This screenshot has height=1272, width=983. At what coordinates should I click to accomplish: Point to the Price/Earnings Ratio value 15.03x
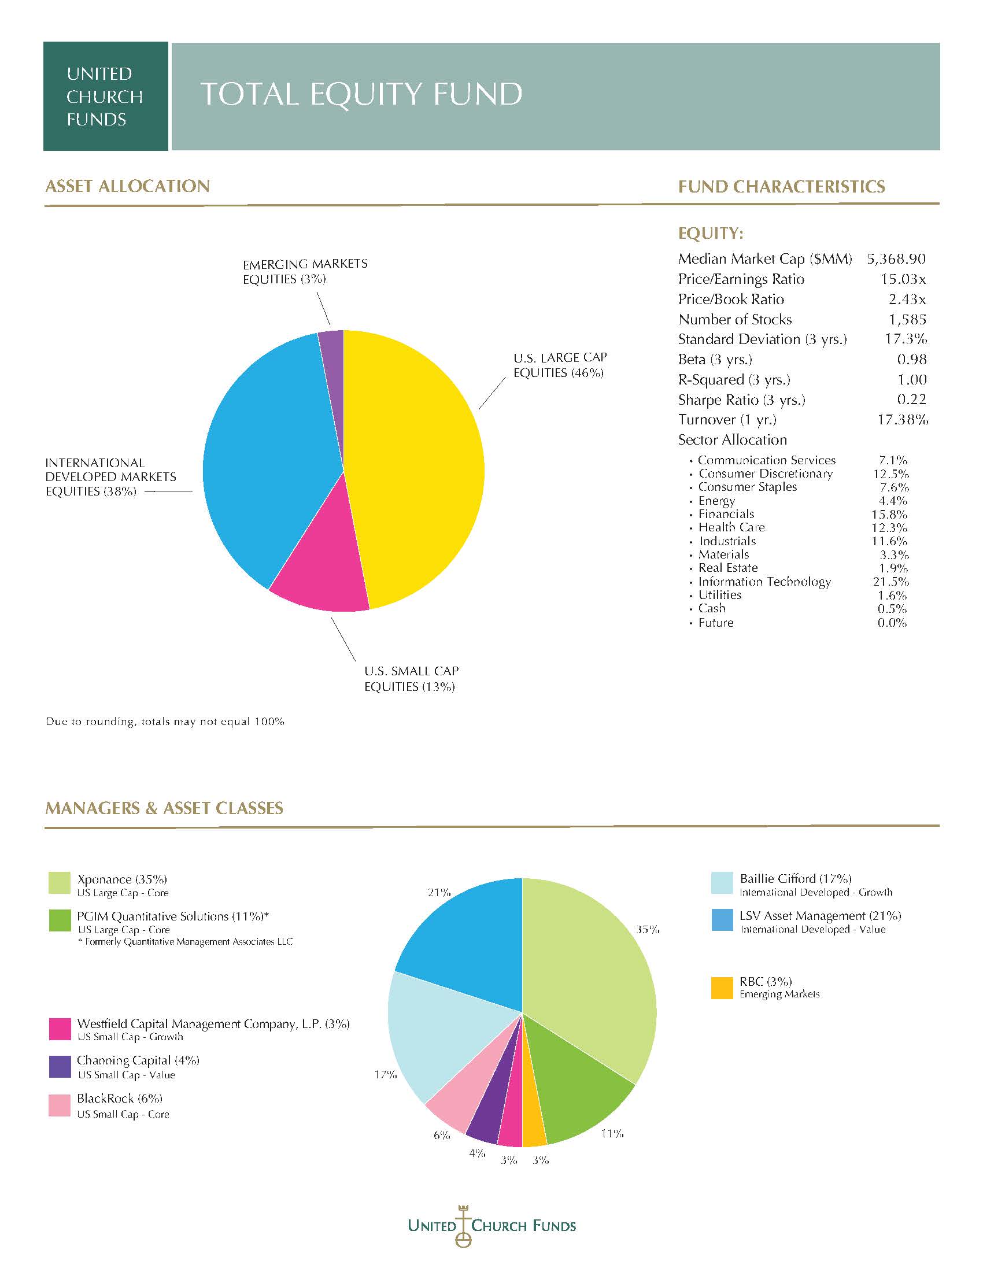pyautogui.click(x=903, y=279)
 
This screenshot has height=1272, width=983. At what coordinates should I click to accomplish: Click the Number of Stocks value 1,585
pyautogui.click(x=907, y=319)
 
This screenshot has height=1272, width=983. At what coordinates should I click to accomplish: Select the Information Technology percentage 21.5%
pyautogui.click(x=890, y=582)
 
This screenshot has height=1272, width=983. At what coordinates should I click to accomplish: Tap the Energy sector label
pyautogui.click(x=716, y=501)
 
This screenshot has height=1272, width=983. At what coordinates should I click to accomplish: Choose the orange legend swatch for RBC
pyautogui.click(x=722, y=988)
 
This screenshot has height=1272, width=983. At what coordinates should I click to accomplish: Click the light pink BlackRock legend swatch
pyautogui.click(x=60, y=1105)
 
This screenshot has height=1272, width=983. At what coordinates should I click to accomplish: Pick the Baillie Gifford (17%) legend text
pyautogui.click(x=796, y=878)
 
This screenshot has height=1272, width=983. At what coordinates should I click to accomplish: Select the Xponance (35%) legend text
pyautogui.click(x=121, y=879)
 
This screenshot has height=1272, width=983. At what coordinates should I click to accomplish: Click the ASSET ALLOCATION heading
pyautogui.click(x=128, y=186)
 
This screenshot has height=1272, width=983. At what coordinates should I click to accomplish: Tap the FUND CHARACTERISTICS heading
pyautogui.click(x=782, y=187)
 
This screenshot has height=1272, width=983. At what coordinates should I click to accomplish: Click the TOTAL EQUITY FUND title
pyautogui.click(x=361, y=94)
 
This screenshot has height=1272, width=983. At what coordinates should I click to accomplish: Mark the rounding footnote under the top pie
pyautogui.click(x=165, y=722)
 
